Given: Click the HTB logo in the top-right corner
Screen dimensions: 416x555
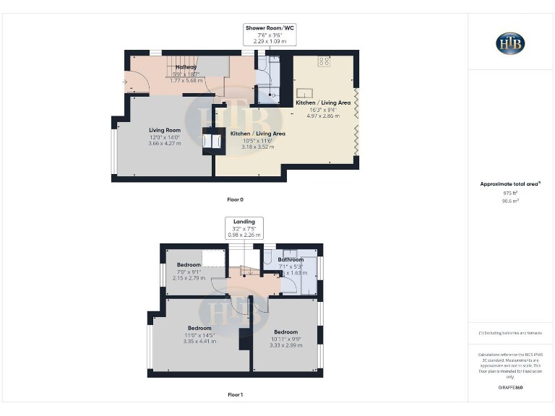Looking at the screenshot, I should pyautogui.click(x=510, y=43).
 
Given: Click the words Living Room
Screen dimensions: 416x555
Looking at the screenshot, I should pyautogui.click(x=164, y=130).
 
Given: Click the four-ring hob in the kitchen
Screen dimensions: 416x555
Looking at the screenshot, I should pyautogui.click(x=324, y=62).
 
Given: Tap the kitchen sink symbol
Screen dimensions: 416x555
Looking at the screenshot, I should pyautogui.click(x=304, y=94).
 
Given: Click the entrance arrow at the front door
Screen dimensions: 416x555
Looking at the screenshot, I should pyautogui.click(x=127, y=82).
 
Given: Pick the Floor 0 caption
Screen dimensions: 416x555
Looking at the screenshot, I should pyautogui.click(x=236, y=199).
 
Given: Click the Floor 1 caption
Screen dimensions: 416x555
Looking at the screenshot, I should pyautogui.click(x=236, y=394).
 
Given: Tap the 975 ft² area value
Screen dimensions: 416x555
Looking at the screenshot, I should pyautogui.click(x=510, y=194).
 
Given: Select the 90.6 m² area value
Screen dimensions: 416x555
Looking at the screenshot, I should pyautogui.click(x=510, y=201).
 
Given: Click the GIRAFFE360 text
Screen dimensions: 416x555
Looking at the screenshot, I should pyautogui.click(x=510, y=388).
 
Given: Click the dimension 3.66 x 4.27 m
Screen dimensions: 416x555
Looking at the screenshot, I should pyautogui.click(x=165, y=144).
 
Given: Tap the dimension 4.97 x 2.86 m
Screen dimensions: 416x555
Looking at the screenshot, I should pyautogui.click(x=323, y=116).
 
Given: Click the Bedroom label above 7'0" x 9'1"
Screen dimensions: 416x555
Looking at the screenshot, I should pyautogui.click(x=189, y=265).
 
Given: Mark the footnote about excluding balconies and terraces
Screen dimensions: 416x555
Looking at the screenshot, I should pyautogui.click(x=510, y=333).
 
